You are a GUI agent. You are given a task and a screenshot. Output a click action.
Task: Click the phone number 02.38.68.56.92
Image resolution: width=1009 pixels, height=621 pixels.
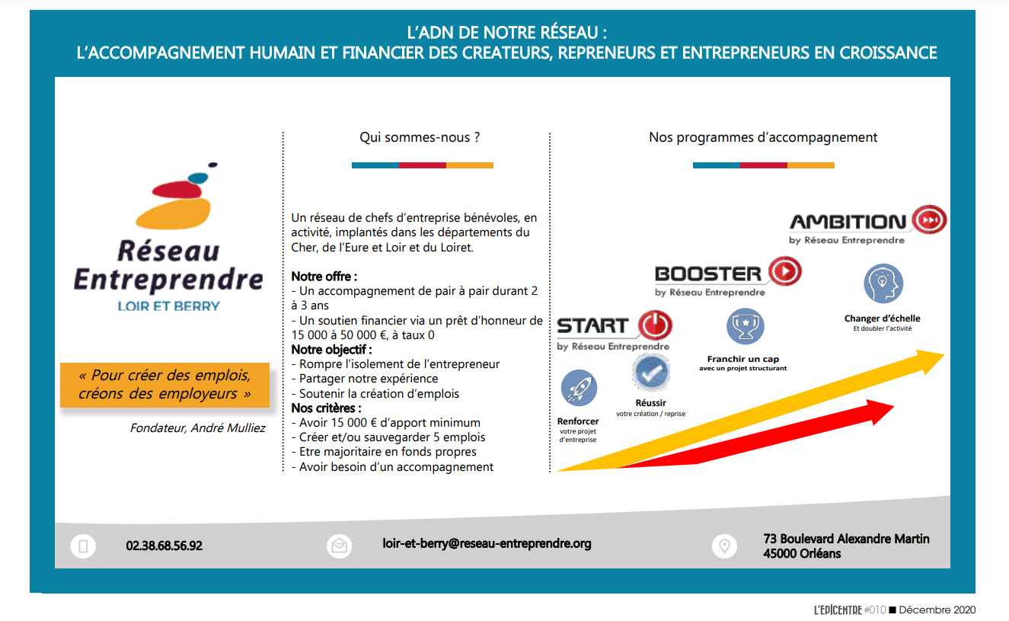tap(164, 546)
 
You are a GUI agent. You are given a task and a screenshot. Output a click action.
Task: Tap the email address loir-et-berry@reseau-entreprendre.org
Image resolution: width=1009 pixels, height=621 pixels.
tap(487, 543)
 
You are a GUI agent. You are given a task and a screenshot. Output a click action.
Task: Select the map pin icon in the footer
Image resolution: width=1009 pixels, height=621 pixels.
tap(723, 546)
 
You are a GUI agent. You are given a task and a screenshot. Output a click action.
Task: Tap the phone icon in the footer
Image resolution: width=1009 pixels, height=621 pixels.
tap(83, 546)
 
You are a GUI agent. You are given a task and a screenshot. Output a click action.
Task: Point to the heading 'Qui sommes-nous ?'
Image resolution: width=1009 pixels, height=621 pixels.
tap(420, 138)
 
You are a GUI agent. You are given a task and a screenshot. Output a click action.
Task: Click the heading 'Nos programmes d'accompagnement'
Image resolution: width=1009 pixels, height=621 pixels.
tap(763, 138)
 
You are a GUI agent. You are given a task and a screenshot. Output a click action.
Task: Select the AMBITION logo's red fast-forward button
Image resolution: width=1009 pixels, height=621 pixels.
tap(929, 220)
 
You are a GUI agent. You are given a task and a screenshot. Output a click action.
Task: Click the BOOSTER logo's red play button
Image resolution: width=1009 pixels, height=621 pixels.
tap(784, 271)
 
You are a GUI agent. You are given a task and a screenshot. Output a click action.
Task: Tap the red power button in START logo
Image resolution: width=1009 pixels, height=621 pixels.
tap(653, 325)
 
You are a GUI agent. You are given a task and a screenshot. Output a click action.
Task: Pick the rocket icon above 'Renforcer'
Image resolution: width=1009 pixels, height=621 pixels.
tap(579, 389)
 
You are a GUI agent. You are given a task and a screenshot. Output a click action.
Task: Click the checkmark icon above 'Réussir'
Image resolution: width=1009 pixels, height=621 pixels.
tap(651, 373)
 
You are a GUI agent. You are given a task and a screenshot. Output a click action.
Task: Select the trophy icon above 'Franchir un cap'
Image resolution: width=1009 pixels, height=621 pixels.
tap(745, 327)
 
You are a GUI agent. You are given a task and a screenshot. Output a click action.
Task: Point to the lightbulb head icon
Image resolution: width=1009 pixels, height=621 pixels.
tap(883, 284)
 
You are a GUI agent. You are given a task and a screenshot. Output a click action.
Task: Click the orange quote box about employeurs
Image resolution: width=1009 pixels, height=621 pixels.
tap(164, 386)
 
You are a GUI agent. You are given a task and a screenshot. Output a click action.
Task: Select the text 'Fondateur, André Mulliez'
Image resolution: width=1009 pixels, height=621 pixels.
tap(198, 428)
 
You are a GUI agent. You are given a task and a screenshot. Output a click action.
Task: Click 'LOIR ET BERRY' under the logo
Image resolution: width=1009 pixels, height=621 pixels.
tap(168, 306)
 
